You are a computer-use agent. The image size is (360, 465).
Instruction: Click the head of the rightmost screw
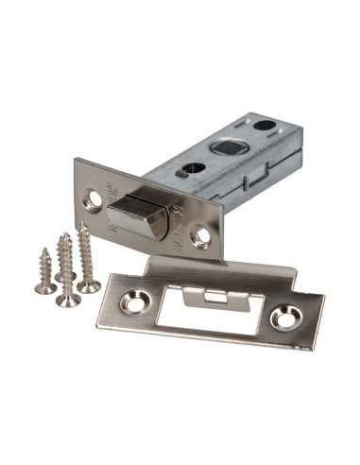click(x=89, y=285)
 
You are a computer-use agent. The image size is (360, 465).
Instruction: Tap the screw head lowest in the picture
click(x=67, y=301)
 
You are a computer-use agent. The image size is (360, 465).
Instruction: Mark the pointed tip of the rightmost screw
click(x=80, y=226)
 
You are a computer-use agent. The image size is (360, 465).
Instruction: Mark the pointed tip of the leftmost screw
click(x=43, y=250)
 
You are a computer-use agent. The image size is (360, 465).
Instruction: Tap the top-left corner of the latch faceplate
click(x=75, y=160)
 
